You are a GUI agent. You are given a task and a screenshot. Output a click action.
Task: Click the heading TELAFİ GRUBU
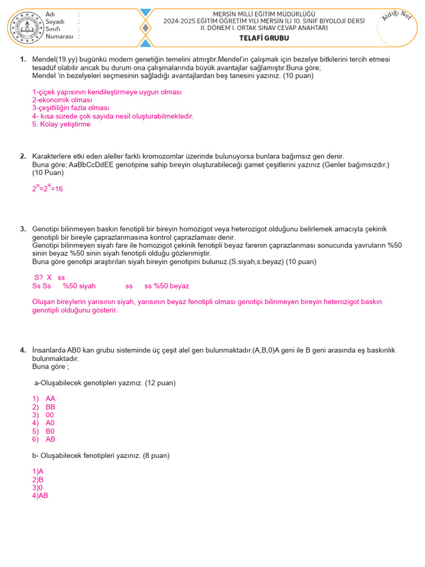tap(264, 38)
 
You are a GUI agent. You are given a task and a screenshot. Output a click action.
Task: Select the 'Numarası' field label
tap(59, 36)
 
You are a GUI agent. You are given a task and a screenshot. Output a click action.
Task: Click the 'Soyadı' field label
tap(55, 22)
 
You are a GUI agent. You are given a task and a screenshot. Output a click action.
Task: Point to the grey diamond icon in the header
tap(145, 28)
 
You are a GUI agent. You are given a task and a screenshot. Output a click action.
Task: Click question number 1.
tap(23, 60)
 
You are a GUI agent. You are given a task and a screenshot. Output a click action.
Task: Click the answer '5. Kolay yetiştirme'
tap(61, 125)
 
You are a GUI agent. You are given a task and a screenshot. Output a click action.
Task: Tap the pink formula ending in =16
tap(48, 188)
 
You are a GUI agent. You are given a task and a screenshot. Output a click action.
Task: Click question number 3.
tap(23, 229)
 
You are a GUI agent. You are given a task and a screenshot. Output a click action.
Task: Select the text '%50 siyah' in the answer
tap(79, 286)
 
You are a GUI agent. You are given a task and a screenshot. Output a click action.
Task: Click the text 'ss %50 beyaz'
tap(167, 286)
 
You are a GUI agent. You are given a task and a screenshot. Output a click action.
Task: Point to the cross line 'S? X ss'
tap(50, 277)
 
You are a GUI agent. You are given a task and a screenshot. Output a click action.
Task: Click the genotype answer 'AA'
tap(50, 399)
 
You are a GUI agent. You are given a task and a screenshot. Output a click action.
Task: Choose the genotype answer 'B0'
tap(50, 431)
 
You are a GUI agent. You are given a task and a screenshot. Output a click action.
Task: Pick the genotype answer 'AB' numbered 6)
tap(50, 440)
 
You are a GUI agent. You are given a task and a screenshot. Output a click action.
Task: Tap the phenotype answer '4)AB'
tap(40, 496)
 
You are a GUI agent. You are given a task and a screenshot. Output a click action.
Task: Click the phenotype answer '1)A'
tap(38, 472)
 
